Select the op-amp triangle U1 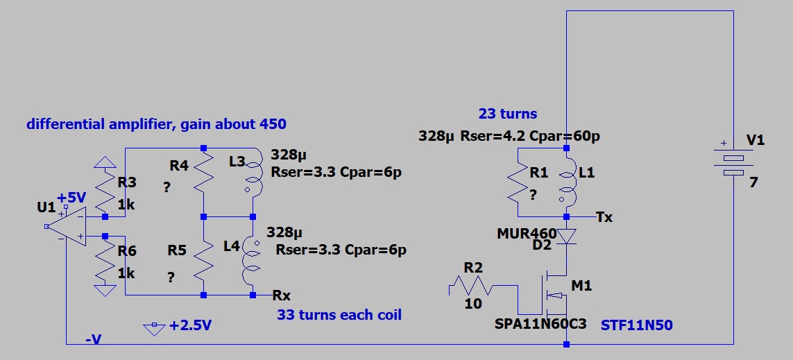[65, 226]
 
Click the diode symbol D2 [567, 237]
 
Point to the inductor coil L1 [567, 183]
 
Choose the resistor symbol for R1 [518, 183]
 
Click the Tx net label [604, 217]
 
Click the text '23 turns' [508, 114]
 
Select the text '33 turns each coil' [339, 314]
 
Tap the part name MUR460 [527, 233]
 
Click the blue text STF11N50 [638, 324]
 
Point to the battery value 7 [754, 183]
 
